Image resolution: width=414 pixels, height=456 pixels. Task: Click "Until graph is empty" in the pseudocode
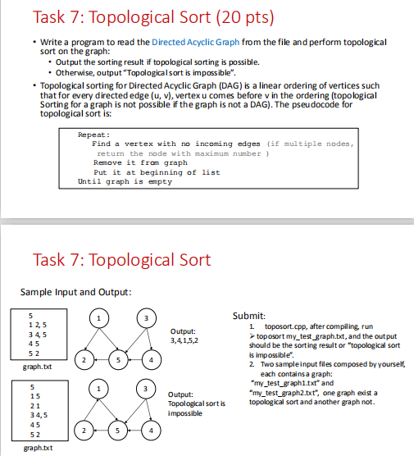click(x=125, y=181)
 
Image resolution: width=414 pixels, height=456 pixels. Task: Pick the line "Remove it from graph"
click(x=140, y=162)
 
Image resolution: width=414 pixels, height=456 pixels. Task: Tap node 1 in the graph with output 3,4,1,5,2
click(x=99, y=319)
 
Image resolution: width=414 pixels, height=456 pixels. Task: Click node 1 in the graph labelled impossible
click(x=99, y=390)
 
